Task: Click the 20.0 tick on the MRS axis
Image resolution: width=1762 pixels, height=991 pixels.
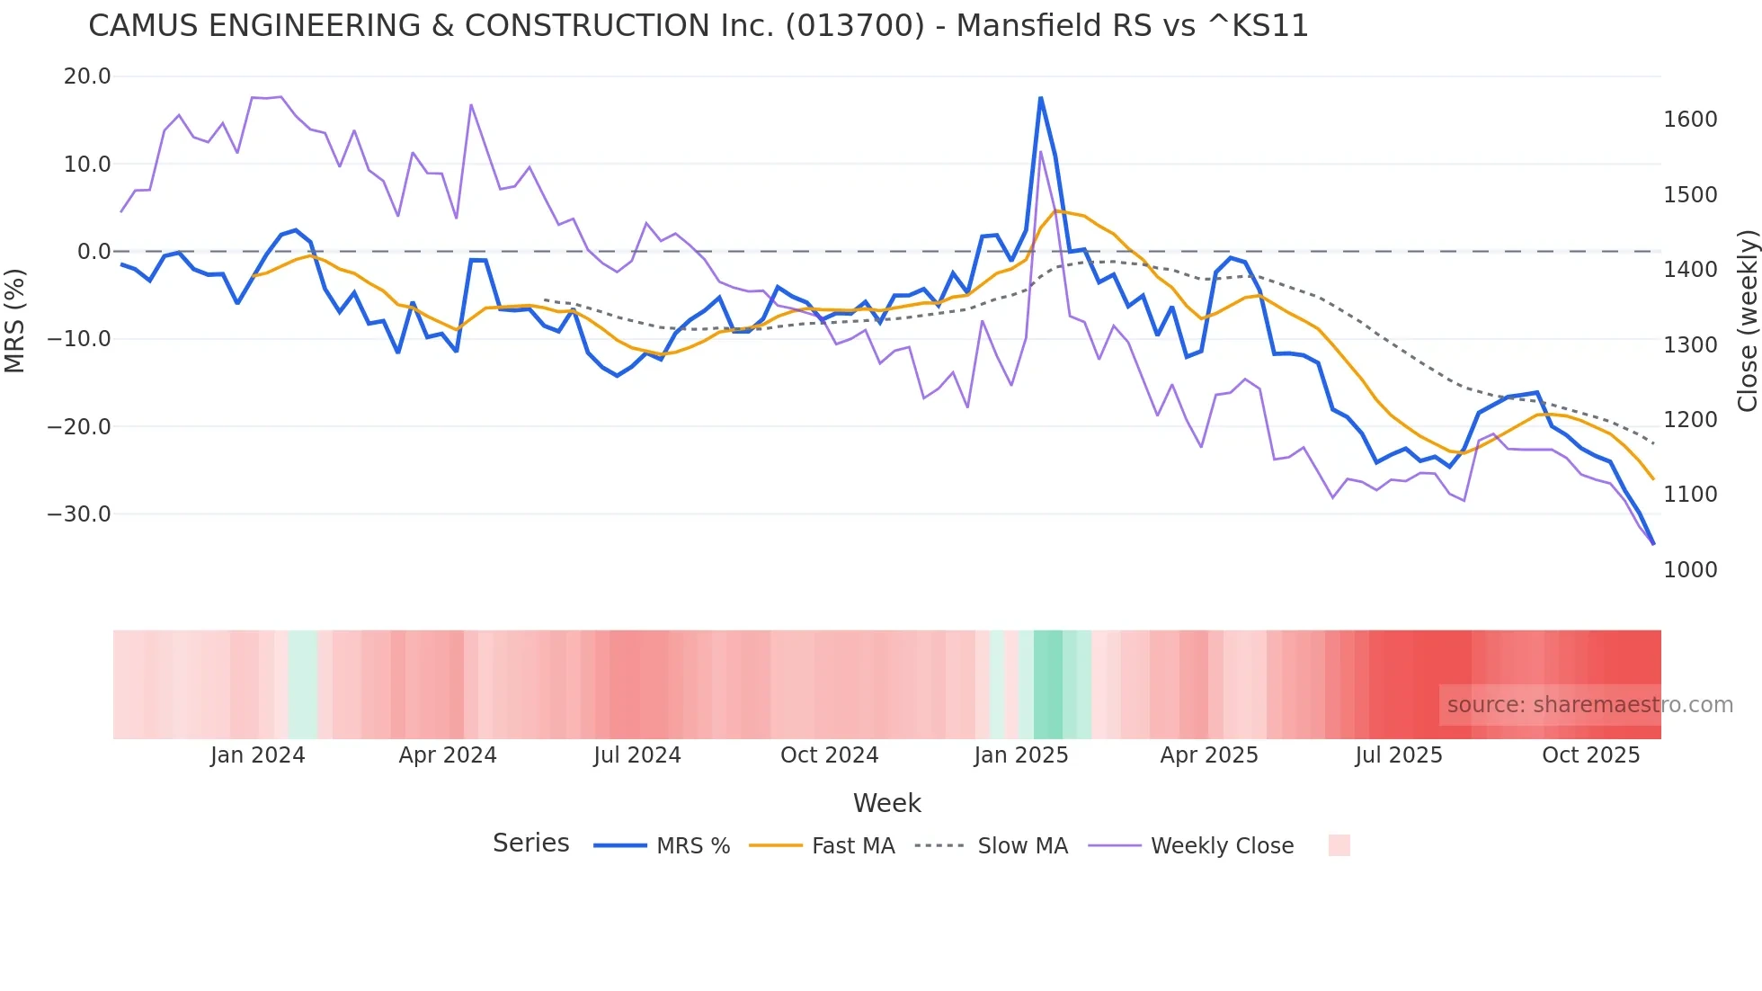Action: [87, 76]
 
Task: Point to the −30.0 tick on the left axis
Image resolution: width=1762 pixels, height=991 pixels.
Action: [80, 514]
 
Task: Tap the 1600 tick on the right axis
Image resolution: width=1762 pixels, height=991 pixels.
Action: [1690, 120]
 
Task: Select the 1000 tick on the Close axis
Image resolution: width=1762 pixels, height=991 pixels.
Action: [1690, 570]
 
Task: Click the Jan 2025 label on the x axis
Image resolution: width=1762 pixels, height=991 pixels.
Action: [1020, 755]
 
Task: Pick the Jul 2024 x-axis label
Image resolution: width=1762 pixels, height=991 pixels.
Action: [636, 755]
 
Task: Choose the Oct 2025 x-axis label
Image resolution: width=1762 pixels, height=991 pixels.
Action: [1590, 755]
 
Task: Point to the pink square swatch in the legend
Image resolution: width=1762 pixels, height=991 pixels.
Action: [1339, 845]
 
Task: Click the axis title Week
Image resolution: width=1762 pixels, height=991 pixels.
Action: [886, 803]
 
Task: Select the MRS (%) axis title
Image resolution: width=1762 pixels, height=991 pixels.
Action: [15, 320]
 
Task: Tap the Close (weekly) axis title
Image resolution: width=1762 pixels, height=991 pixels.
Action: [1747, 321]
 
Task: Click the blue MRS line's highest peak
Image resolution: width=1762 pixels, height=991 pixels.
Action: [1040, 98]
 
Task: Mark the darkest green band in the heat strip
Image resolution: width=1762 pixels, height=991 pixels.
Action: [1047, 684]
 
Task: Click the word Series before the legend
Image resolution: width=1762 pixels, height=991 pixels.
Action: [530, 844]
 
